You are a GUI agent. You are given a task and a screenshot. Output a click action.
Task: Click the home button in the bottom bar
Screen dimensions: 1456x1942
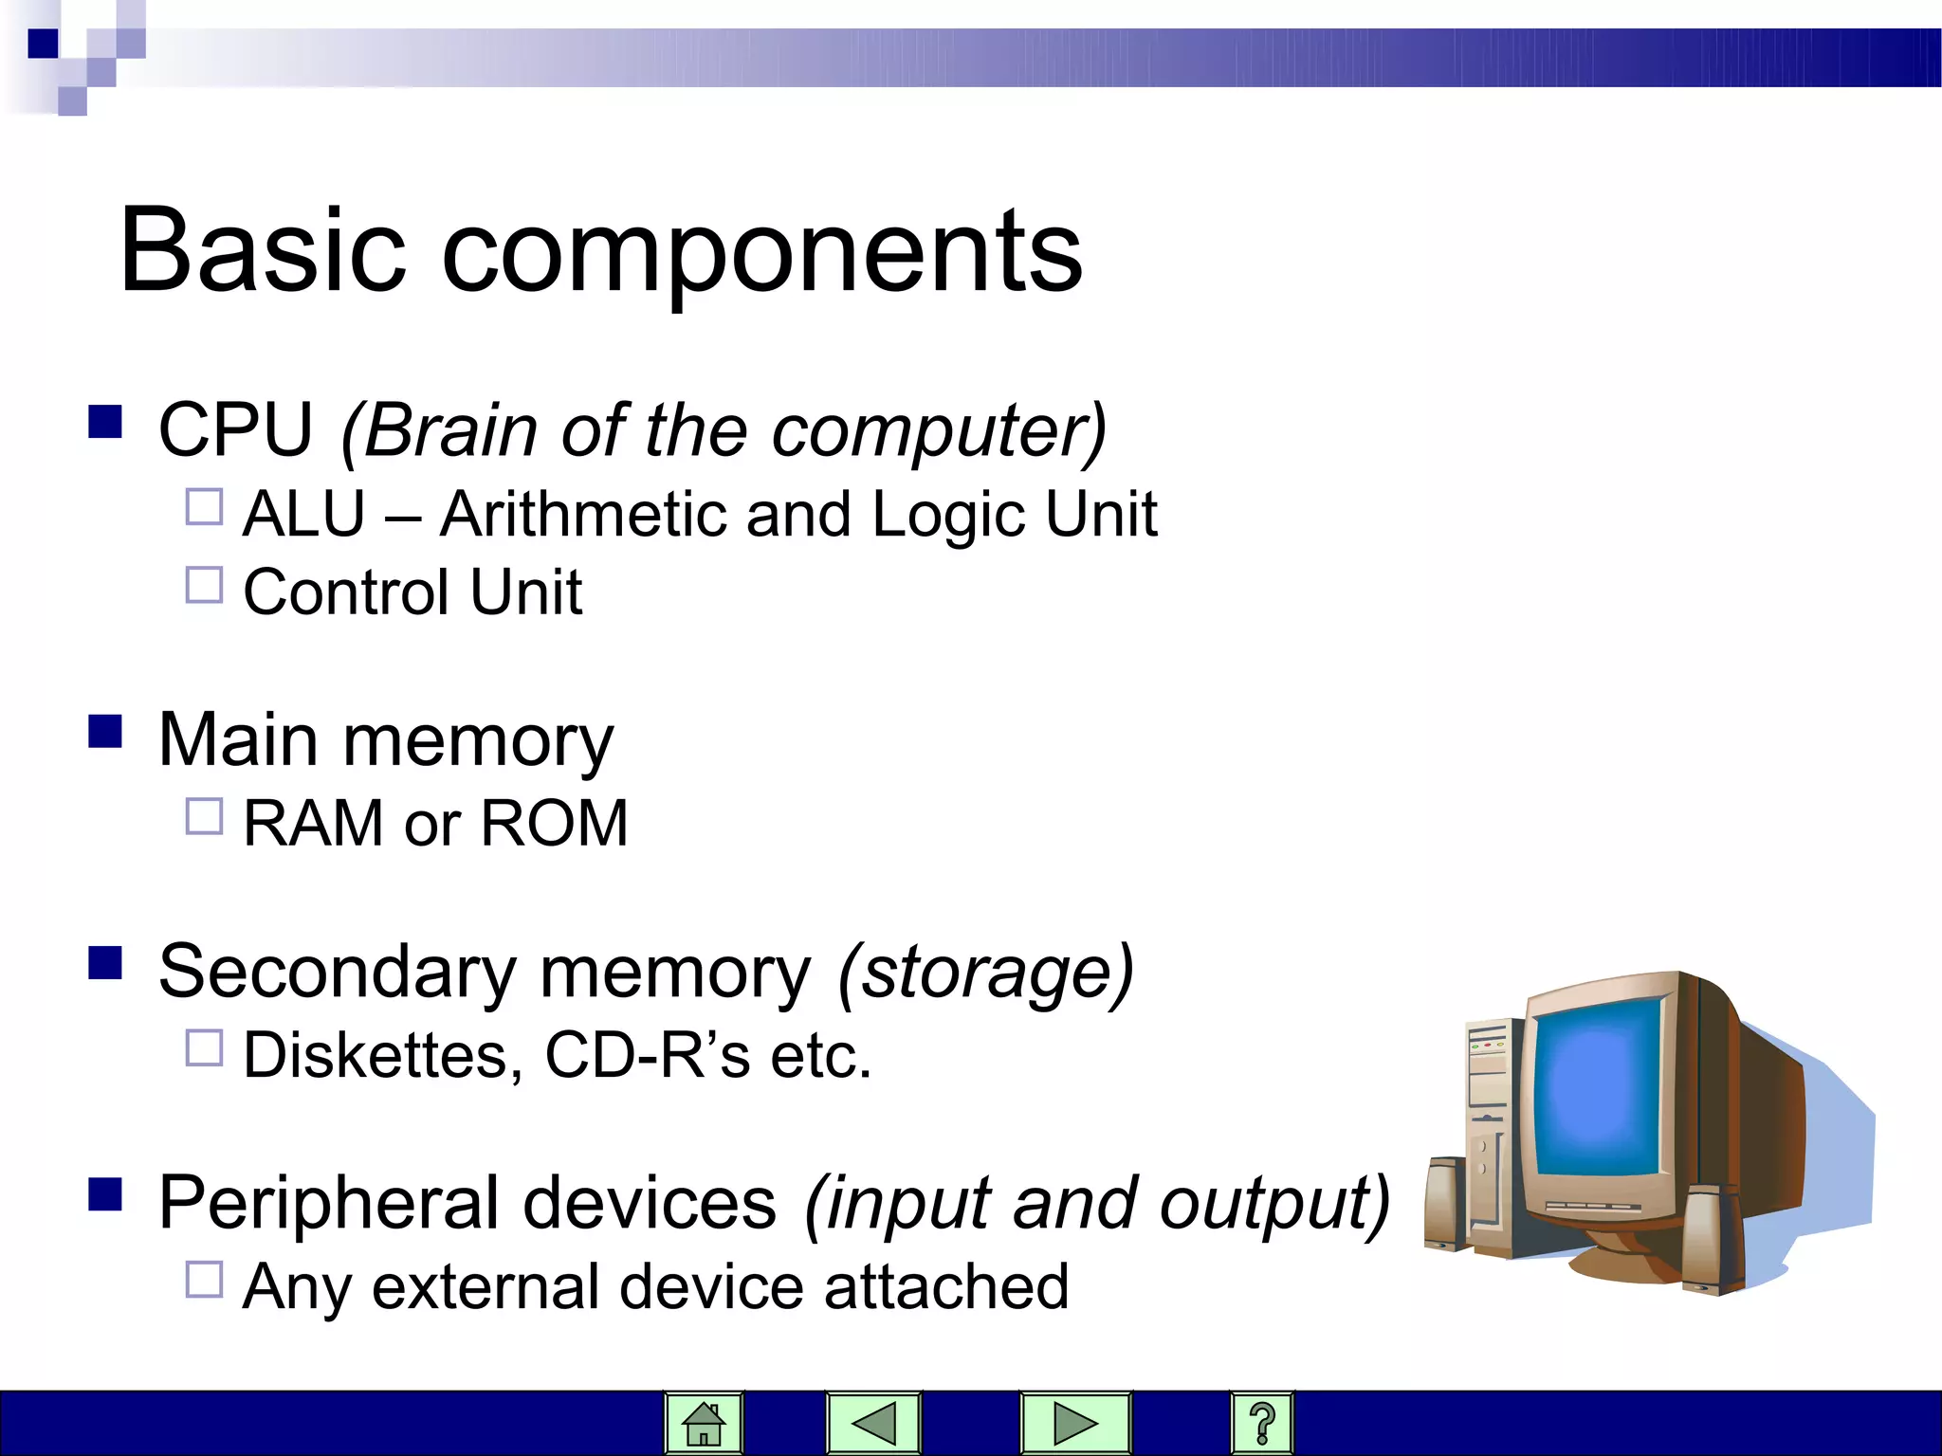(704, 1423)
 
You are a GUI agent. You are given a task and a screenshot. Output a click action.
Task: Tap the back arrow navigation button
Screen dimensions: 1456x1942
(873, 1423)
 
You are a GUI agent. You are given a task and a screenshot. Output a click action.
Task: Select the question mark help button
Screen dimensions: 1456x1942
(1261, 1423)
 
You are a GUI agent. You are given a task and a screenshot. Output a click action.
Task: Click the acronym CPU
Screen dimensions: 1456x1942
(235, 430)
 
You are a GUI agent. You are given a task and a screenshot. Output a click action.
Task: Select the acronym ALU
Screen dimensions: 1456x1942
(303, 515)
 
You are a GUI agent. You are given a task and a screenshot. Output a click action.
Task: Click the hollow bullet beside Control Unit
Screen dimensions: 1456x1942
(204, 585)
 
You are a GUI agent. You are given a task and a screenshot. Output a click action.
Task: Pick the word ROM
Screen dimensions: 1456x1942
(554, 823)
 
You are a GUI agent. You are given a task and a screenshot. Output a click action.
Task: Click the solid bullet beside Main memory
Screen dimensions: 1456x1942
(105, 732)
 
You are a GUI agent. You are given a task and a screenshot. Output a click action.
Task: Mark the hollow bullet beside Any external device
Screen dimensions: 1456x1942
(204, 1280)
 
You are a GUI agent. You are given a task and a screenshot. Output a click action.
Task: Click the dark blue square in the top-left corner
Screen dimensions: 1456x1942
(43, 44)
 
